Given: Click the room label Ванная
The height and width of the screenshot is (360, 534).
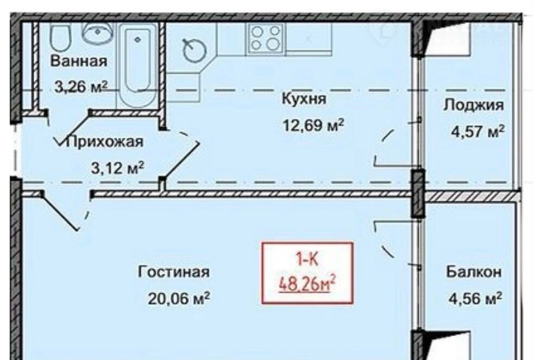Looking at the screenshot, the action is (79, 61).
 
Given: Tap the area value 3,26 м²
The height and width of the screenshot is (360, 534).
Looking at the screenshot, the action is (81, 87).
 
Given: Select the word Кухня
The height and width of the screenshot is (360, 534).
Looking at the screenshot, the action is (304, 99).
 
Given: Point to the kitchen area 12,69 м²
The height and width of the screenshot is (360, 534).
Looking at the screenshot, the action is (313, 125).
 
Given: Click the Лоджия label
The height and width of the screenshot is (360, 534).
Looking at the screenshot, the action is (473, 105).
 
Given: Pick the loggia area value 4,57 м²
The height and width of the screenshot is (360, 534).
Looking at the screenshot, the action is (478, 131).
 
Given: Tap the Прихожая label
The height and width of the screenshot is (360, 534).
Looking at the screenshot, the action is (105, 142).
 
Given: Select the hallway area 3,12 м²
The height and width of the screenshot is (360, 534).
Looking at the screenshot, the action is (117, 167).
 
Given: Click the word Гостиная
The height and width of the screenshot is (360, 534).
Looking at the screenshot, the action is (174, 272).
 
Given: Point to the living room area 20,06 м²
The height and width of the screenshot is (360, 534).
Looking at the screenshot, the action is (179, 299).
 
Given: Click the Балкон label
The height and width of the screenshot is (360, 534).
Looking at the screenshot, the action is (474, 272).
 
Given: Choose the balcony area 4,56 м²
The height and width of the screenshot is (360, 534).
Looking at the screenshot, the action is (475, 299).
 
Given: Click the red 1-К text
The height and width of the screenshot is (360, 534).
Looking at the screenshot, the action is (307, 260).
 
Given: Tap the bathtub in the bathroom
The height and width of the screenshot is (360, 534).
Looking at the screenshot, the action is (137, 65).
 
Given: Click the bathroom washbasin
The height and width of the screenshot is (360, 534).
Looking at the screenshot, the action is (98, 33).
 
